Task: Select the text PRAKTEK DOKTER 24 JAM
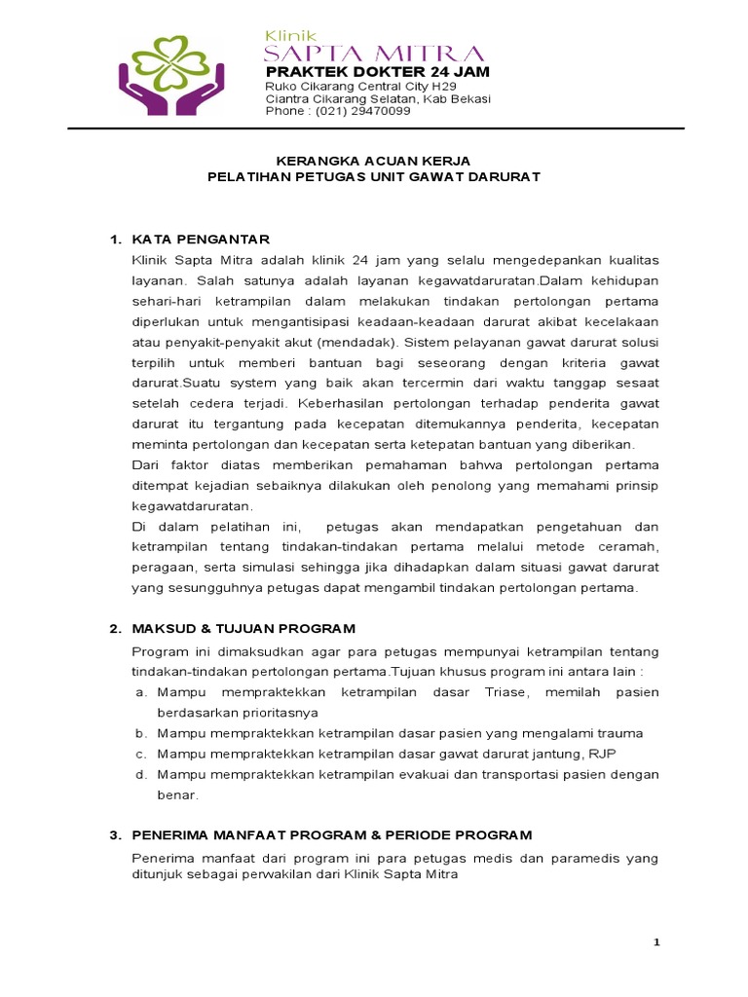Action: pyautogui.click(x=378, y=73)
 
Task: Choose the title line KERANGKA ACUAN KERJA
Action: pyautogui.click(x=374, y=161)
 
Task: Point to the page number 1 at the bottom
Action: pyautogui.click(x=656, y=942)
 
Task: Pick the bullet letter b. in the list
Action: pyautogui.click(x=140, y=733)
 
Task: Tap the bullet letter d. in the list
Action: pyautogui.click(x=140, y=774)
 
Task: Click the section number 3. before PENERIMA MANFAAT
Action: pyautogui.click(x=114, y=834)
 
